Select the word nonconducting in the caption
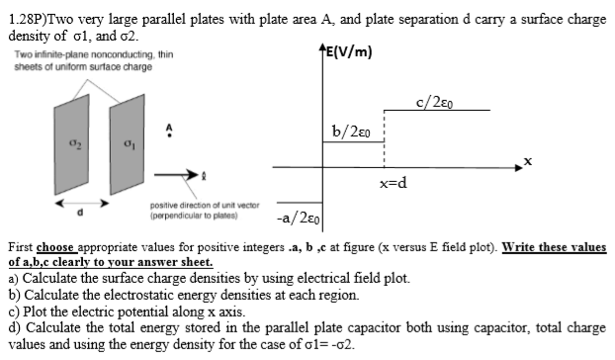point(99,55)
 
